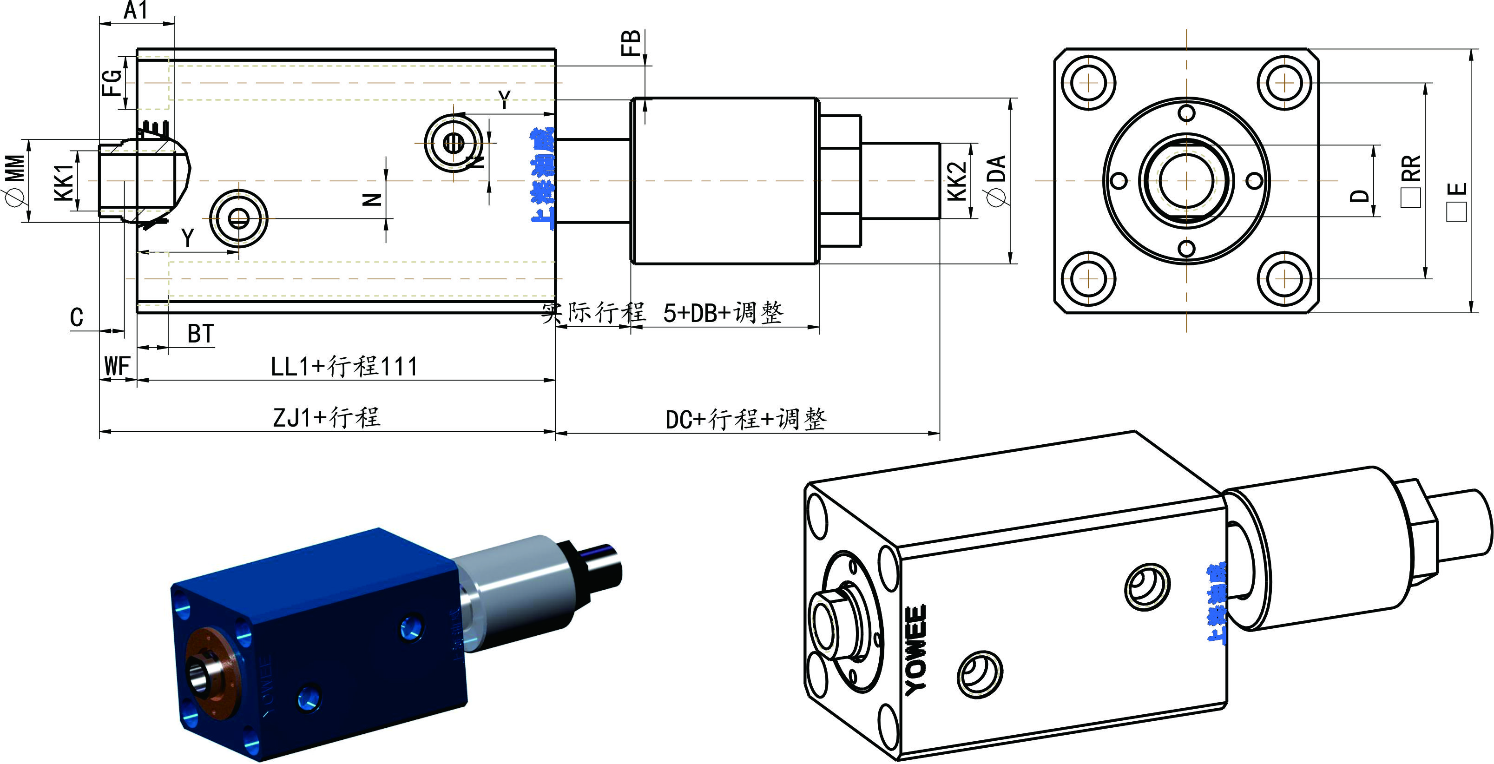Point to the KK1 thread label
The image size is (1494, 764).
[x=65, y=182]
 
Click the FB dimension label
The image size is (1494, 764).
[x=631, y=43]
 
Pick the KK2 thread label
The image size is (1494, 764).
[x=958, y=181]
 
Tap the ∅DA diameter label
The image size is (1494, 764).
[x=996, y=180]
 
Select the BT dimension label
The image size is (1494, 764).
[x=201, y=334]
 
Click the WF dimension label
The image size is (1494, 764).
[x=117, y=367]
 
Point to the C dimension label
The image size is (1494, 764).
[x=77, y=317]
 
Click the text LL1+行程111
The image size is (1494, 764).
[x=344, y=367]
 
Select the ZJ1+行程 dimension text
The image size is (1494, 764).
[x=327, y=418]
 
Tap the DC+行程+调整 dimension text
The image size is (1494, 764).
[x=746, y=419]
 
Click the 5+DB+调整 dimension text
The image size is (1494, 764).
[x=723, y=313]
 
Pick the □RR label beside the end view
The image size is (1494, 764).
[x=1411, y=180]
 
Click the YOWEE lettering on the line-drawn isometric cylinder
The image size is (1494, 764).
[x=916, y=650]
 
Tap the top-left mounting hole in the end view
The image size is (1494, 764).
[x=1089, y=83]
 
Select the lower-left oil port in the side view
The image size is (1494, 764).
[x=238, y=219]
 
